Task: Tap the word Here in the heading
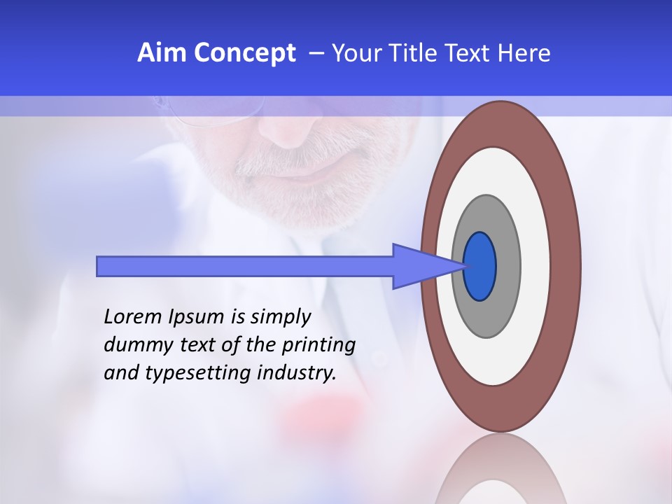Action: pos(525,52)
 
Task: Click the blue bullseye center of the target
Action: pos(479,266)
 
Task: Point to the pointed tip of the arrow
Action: pos(465,266)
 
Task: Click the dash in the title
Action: pos(316,53)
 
